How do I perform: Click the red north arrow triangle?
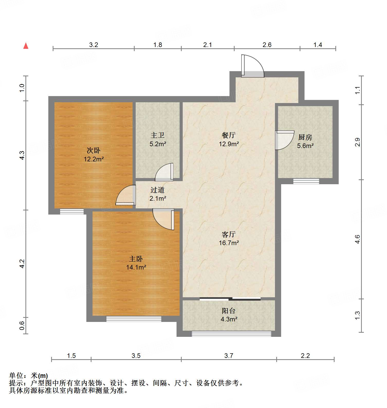(x=26, y=46)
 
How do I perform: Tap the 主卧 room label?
(x=136, y=259)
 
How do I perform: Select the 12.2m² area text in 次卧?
(x=94, y=159)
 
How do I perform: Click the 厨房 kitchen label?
(x=305, y=137)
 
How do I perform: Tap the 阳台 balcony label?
(x=228, y=311)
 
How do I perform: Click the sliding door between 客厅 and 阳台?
(x=230, y=299)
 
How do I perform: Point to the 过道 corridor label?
(x=157, y=190)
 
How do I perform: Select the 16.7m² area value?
(x=229, y=243)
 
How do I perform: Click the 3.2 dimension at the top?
(x=94, y=45)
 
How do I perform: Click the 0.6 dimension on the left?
(x=22, y=326)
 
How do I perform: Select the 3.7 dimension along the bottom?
(x=228, y=356)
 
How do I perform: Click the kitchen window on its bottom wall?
(x=306, y=181)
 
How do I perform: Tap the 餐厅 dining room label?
(x=228, y=135)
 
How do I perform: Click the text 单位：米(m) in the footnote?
(x=29, y=376)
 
